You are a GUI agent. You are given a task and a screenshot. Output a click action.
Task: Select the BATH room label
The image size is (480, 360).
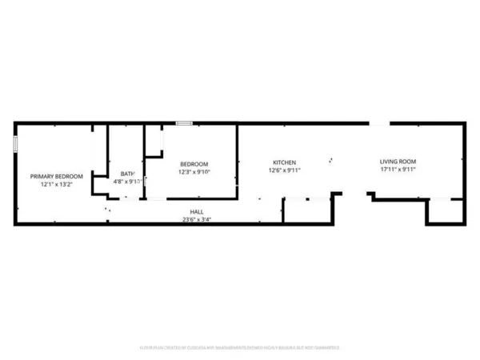(x=127, y=174)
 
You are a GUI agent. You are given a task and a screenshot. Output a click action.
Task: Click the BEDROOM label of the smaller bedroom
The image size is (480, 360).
(x=194, y=164)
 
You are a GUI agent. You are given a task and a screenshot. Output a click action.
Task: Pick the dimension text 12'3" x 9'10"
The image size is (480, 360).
(x=194, y=172)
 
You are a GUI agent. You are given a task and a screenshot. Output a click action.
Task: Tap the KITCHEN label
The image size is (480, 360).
(x=285, y=162)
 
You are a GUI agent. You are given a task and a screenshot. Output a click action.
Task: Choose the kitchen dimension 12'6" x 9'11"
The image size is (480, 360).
(x=285, y=170)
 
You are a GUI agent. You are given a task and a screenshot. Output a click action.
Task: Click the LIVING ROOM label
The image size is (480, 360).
(x=398, y=162)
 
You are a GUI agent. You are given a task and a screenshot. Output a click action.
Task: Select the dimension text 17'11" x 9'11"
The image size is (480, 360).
(x=398, y=170)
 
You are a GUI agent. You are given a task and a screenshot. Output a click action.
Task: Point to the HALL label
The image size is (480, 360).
(x=196, y=212)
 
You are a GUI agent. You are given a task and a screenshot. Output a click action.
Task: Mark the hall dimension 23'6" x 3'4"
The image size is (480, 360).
(x=196, y=220)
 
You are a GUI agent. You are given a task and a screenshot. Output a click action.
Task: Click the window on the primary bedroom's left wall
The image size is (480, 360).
(x=15, y=143)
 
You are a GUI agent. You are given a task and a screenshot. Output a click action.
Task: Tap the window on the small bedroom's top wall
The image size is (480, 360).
(x=184, y=123)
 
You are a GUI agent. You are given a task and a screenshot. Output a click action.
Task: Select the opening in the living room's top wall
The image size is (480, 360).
(x=379, y=123)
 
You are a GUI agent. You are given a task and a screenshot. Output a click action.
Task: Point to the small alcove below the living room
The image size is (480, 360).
(x=445, y=210)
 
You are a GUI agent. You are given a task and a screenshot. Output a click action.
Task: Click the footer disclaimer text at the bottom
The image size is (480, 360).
(x=240, y=348)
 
